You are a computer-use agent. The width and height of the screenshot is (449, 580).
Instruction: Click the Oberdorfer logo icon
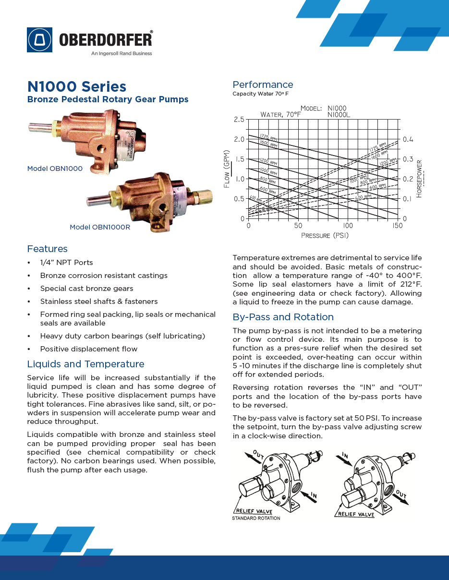tap(39, 40)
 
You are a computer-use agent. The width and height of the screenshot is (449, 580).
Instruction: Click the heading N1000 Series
tap(77, 86)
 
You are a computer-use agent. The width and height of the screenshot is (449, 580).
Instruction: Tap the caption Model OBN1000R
tap(100, 227)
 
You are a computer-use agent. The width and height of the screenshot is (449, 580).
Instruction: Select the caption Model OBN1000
tap(55, 169)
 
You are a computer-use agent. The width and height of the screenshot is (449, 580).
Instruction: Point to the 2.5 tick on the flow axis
tap(239, 119)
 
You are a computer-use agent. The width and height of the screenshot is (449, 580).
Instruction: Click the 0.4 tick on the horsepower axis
tap(408, 139)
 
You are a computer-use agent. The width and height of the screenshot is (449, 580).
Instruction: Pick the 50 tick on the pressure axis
tap(298, 226)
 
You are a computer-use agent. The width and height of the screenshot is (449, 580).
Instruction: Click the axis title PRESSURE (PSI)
tap(325, 235)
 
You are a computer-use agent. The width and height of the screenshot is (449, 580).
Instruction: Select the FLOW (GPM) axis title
tap(227, 169)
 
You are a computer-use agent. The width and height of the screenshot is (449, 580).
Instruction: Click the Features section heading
tap(48, 249)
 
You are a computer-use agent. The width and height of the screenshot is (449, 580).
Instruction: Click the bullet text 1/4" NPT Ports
tap(67, 263)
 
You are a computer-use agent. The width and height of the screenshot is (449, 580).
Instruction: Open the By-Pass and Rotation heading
tap(283, 317)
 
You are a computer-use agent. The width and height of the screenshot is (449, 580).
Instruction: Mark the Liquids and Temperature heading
tap(85, 364)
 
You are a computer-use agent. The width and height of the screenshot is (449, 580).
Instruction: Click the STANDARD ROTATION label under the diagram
tap(256, 518)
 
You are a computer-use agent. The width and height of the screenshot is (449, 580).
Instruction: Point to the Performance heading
tap(263, 85)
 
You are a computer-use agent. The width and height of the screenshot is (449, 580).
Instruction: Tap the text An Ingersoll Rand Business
tap(121, 53)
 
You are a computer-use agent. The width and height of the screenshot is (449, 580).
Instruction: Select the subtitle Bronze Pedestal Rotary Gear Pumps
tap(108, 99)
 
